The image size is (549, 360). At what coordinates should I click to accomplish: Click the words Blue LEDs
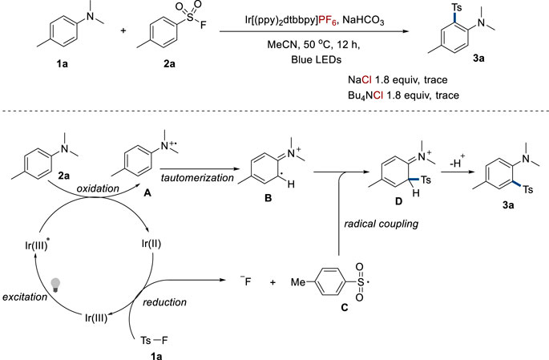click(x=299, y=63)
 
